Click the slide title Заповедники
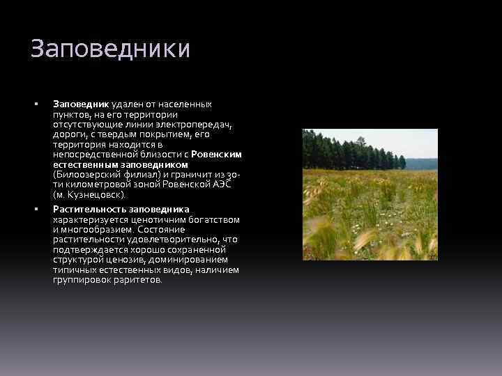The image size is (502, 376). (x=110, y=49)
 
